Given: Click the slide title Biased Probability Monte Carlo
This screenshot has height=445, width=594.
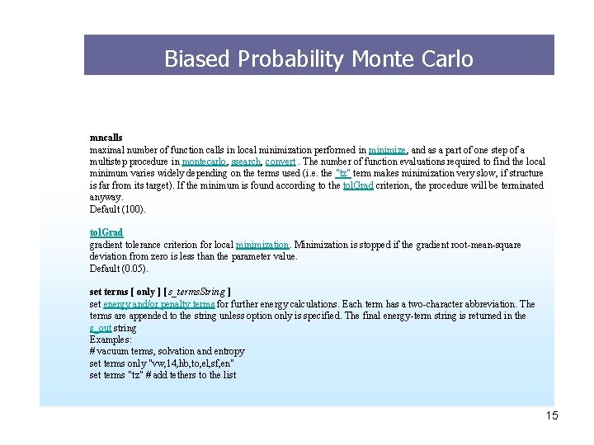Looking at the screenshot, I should tap(318, 59).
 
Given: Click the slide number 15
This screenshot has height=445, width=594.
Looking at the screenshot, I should tap(551, 415).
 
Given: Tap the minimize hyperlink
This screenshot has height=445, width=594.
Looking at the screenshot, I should tap(387, 151).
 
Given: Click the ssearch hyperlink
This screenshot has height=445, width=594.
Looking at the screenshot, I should tap(246, 162).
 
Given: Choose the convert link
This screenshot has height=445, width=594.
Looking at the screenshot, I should tap(280, 162).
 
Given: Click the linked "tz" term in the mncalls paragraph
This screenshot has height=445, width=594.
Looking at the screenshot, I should tap(341, 174).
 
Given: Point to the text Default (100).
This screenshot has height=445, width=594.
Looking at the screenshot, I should tap(117, 209).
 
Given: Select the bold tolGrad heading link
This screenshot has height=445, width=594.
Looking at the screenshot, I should tap(106, 233).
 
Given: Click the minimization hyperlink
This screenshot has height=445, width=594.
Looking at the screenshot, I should tap(262, 245).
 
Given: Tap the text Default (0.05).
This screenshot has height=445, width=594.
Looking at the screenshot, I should tap(119, 269).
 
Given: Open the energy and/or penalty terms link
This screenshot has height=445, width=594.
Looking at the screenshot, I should tap(158, 304).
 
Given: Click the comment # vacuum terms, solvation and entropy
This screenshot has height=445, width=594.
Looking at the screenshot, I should tap(167, 351).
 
